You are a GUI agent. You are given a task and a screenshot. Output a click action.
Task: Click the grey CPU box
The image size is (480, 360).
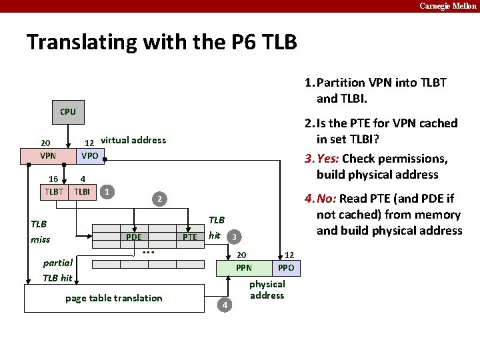68,112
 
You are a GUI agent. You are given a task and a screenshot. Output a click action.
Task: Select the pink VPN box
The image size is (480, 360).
48,156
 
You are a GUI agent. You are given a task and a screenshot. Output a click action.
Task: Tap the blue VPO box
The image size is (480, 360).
89,156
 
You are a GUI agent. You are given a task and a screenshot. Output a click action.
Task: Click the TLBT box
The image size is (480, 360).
54,191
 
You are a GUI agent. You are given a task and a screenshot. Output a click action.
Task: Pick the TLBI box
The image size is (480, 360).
83,191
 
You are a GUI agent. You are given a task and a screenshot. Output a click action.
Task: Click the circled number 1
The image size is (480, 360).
107,191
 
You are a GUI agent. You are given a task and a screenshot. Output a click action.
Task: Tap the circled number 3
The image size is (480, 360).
234,237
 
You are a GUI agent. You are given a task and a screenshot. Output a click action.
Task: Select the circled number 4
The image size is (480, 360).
225,305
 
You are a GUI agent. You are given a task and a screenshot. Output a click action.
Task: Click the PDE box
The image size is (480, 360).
134,236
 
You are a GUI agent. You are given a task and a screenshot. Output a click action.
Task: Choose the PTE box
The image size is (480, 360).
190,237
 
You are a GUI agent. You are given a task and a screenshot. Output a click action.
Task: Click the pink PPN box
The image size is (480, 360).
244,268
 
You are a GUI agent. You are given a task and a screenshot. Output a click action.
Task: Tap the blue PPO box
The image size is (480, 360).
286,268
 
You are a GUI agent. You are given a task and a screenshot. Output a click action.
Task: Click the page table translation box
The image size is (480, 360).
114,298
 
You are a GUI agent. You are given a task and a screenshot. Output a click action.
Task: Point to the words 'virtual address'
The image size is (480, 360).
133,140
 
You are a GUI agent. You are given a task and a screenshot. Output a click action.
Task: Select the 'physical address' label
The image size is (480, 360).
267,289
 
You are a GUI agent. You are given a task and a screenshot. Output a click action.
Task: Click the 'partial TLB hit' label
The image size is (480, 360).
57,270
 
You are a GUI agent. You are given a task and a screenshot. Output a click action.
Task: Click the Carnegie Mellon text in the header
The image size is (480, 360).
447,5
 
